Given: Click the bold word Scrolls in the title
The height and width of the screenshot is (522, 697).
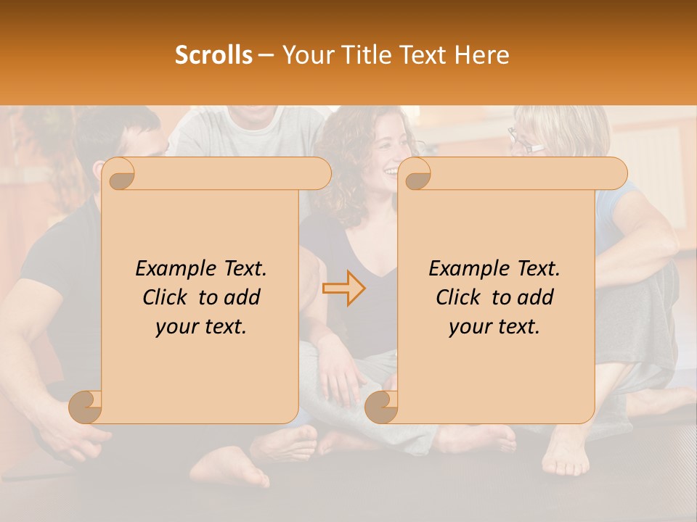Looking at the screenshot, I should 213,54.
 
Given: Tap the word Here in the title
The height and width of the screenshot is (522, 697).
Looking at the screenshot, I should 483,54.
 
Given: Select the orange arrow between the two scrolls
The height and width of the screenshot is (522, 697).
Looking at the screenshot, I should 344,288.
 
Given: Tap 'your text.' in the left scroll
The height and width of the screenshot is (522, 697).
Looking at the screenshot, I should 201,326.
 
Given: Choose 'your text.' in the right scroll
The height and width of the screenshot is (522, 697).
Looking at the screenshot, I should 494,326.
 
